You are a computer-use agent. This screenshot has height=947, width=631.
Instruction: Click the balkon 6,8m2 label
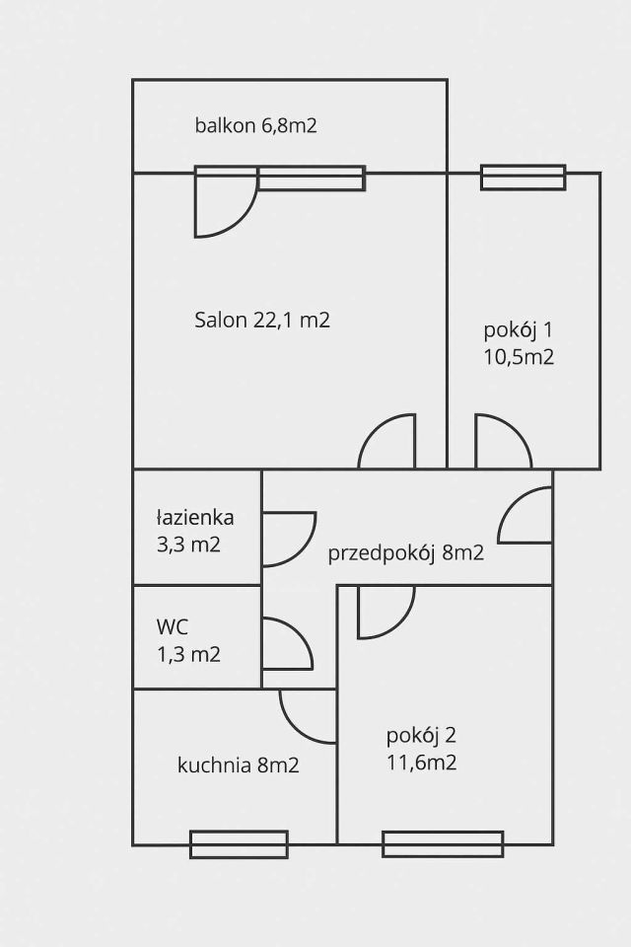click(255, 125)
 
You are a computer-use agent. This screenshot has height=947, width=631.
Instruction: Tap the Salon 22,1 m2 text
click(261, 320)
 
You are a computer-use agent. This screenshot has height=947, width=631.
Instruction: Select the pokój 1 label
click(519, 342)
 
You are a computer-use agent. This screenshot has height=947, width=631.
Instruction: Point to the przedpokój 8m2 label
click(406, 552)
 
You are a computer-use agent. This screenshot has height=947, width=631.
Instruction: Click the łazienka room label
click(195, 530)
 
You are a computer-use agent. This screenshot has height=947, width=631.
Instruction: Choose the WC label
click(187, 639)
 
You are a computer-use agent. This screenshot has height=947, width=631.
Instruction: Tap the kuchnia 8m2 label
click(239, 765)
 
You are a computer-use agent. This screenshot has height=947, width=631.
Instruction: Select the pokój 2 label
click(422, 748)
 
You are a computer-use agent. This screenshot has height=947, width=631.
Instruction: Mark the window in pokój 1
click(523, 178)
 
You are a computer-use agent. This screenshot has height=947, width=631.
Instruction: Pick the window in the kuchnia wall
click(239, 844)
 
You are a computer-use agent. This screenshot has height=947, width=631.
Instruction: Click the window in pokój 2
click(443, 844)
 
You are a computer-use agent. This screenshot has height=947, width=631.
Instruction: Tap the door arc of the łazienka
click(287, 539)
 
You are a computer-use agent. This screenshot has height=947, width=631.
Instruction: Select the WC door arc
click(286, 643)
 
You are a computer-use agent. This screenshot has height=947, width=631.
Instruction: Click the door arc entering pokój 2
click(385, 611)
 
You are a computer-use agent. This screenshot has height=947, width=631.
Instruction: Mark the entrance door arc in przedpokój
click(525, 516)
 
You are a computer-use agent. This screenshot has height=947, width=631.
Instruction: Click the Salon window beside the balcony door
click(312, 179)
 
